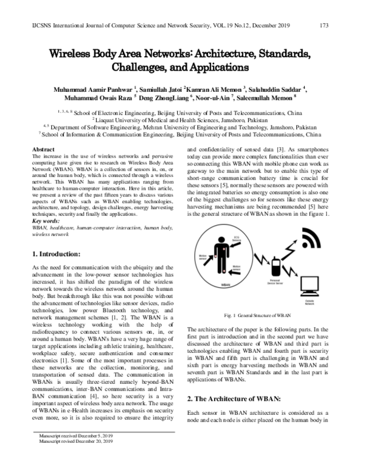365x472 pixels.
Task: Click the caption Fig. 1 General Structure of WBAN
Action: pyautogui.click(x=257, y=316)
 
